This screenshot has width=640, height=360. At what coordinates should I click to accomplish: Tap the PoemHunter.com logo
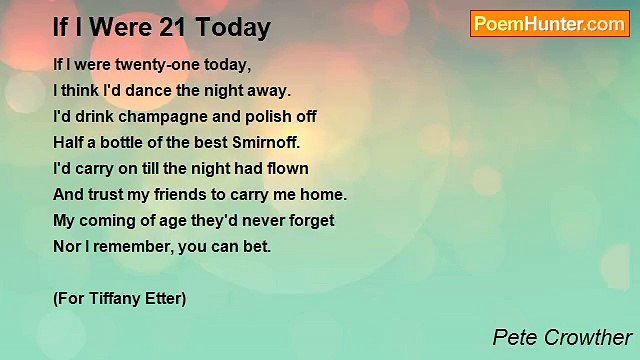pos(549,24)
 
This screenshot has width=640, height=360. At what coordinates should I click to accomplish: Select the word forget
pos(310,220)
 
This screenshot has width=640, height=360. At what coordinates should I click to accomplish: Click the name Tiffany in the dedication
pos(113,298)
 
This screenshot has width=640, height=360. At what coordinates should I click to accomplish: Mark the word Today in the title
pos(233,28)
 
